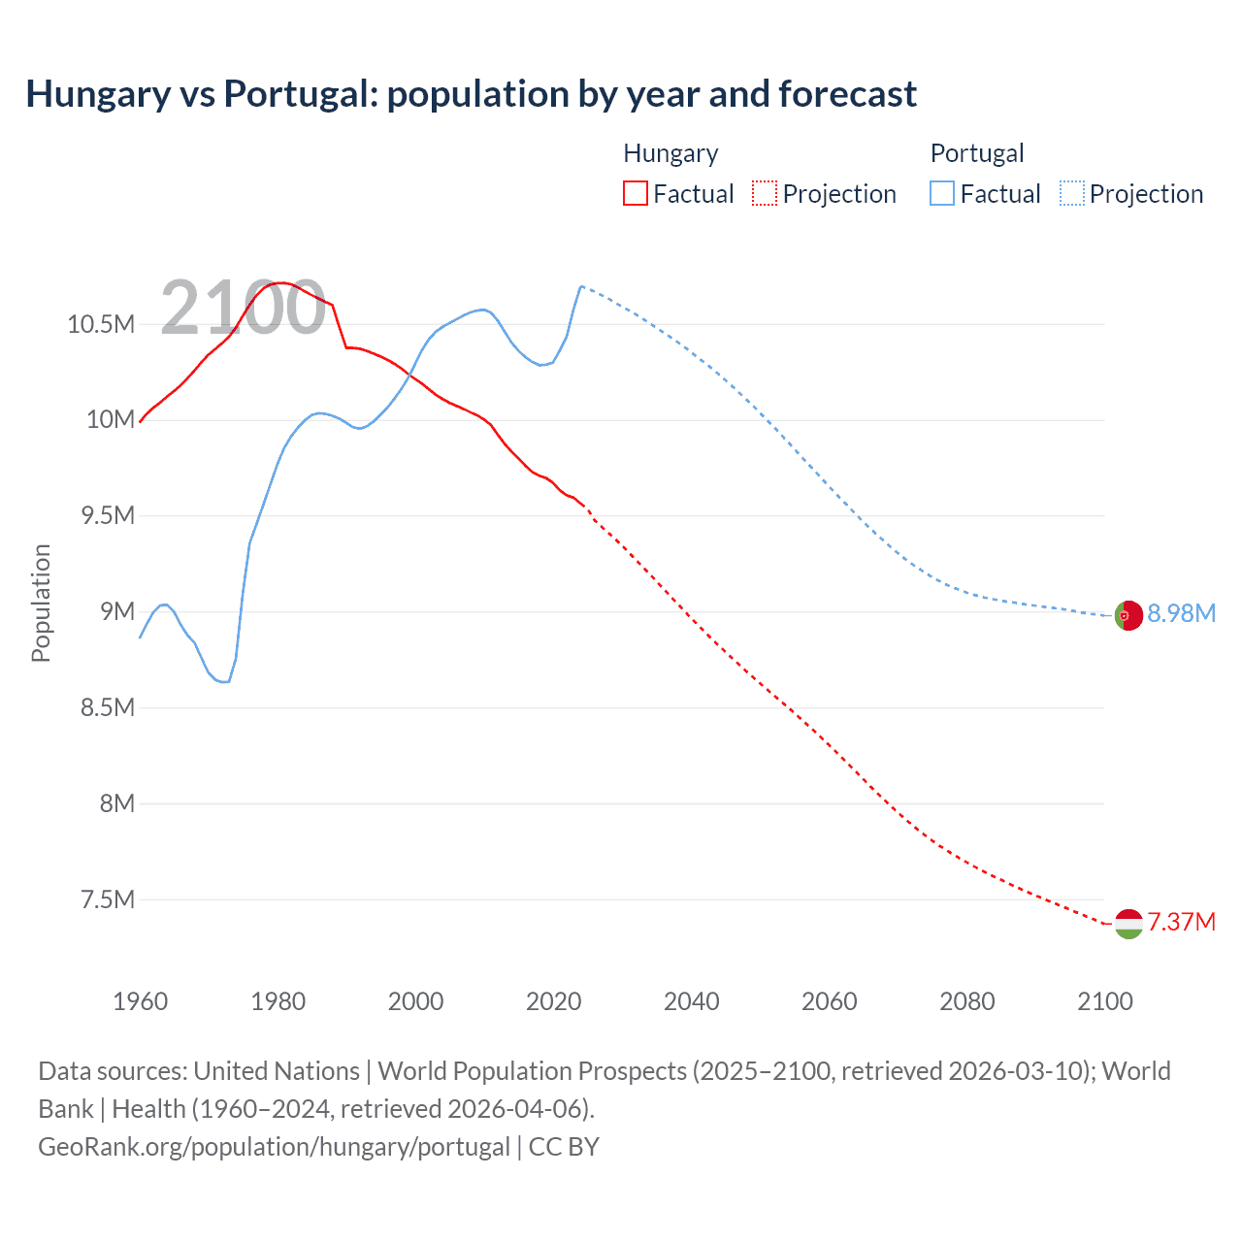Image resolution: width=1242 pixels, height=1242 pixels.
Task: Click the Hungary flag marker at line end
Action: point(1128,924)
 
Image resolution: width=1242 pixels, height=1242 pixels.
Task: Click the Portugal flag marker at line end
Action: point(1128,615)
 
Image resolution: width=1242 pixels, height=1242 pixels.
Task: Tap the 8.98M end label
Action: point(1181,613)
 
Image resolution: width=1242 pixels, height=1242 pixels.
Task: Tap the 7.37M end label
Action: point(1181,922)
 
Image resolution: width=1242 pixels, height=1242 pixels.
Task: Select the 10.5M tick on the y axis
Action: point(101,324)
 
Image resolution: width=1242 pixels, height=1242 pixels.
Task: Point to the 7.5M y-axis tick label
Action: point(108,899)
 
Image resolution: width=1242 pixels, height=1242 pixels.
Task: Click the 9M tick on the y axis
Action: point(116,611)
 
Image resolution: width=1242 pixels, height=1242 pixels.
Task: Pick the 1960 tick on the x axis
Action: point(141,1001)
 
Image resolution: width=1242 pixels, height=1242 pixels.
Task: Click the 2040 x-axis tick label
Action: point(691,1001)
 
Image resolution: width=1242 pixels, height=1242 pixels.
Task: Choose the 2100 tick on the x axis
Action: point(1104,1001)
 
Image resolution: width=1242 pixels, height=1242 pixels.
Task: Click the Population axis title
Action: point(41,603)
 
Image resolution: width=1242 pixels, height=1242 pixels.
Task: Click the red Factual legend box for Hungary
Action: point(636,193)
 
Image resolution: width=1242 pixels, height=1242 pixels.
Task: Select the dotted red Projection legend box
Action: point(765,193)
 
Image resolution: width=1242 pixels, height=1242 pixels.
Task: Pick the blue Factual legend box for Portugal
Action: point(942,193)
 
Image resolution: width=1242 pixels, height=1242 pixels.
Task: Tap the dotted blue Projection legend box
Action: point(1071,193)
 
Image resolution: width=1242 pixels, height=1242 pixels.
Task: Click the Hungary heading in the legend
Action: point(670,153)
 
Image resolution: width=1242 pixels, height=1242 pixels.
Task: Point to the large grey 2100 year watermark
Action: point(243,308)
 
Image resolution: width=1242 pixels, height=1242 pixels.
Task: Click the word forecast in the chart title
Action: point(847,94)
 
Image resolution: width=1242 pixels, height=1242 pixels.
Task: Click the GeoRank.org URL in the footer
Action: point(274,1147)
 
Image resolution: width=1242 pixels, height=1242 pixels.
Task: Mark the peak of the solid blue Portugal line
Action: point(580,286)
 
